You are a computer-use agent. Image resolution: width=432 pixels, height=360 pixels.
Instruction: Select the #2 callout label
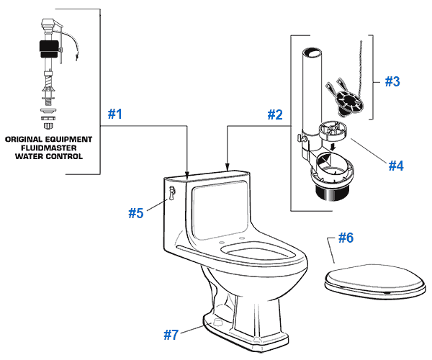click(274, 114)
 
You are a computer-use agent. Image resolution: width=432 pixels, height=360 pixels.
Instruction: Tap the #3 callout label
click(391, 81)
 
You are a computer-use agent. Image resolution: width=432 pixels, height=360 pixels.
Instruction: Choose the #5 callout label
click(137, 213)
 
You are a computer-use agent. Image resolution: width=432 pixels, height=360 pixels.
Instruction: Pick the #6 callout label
click(346, 237)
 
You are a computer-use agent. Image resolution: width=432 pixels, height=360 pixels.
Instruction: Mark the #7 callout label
click(170, 334)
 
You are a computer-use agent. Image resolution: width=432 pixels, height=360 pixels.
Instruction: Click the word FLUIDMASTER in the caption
click(48, 147)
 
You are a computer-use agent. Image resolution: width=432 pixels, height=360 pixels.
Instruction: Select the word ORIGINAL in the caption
click(25, 138)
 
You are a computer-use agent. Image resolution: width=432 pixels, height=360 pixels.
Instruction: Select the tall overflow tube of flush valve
click(311, 94)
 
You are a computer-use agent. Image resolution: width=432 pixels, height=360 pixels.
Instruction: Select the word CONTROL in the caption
click(66, 156)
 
